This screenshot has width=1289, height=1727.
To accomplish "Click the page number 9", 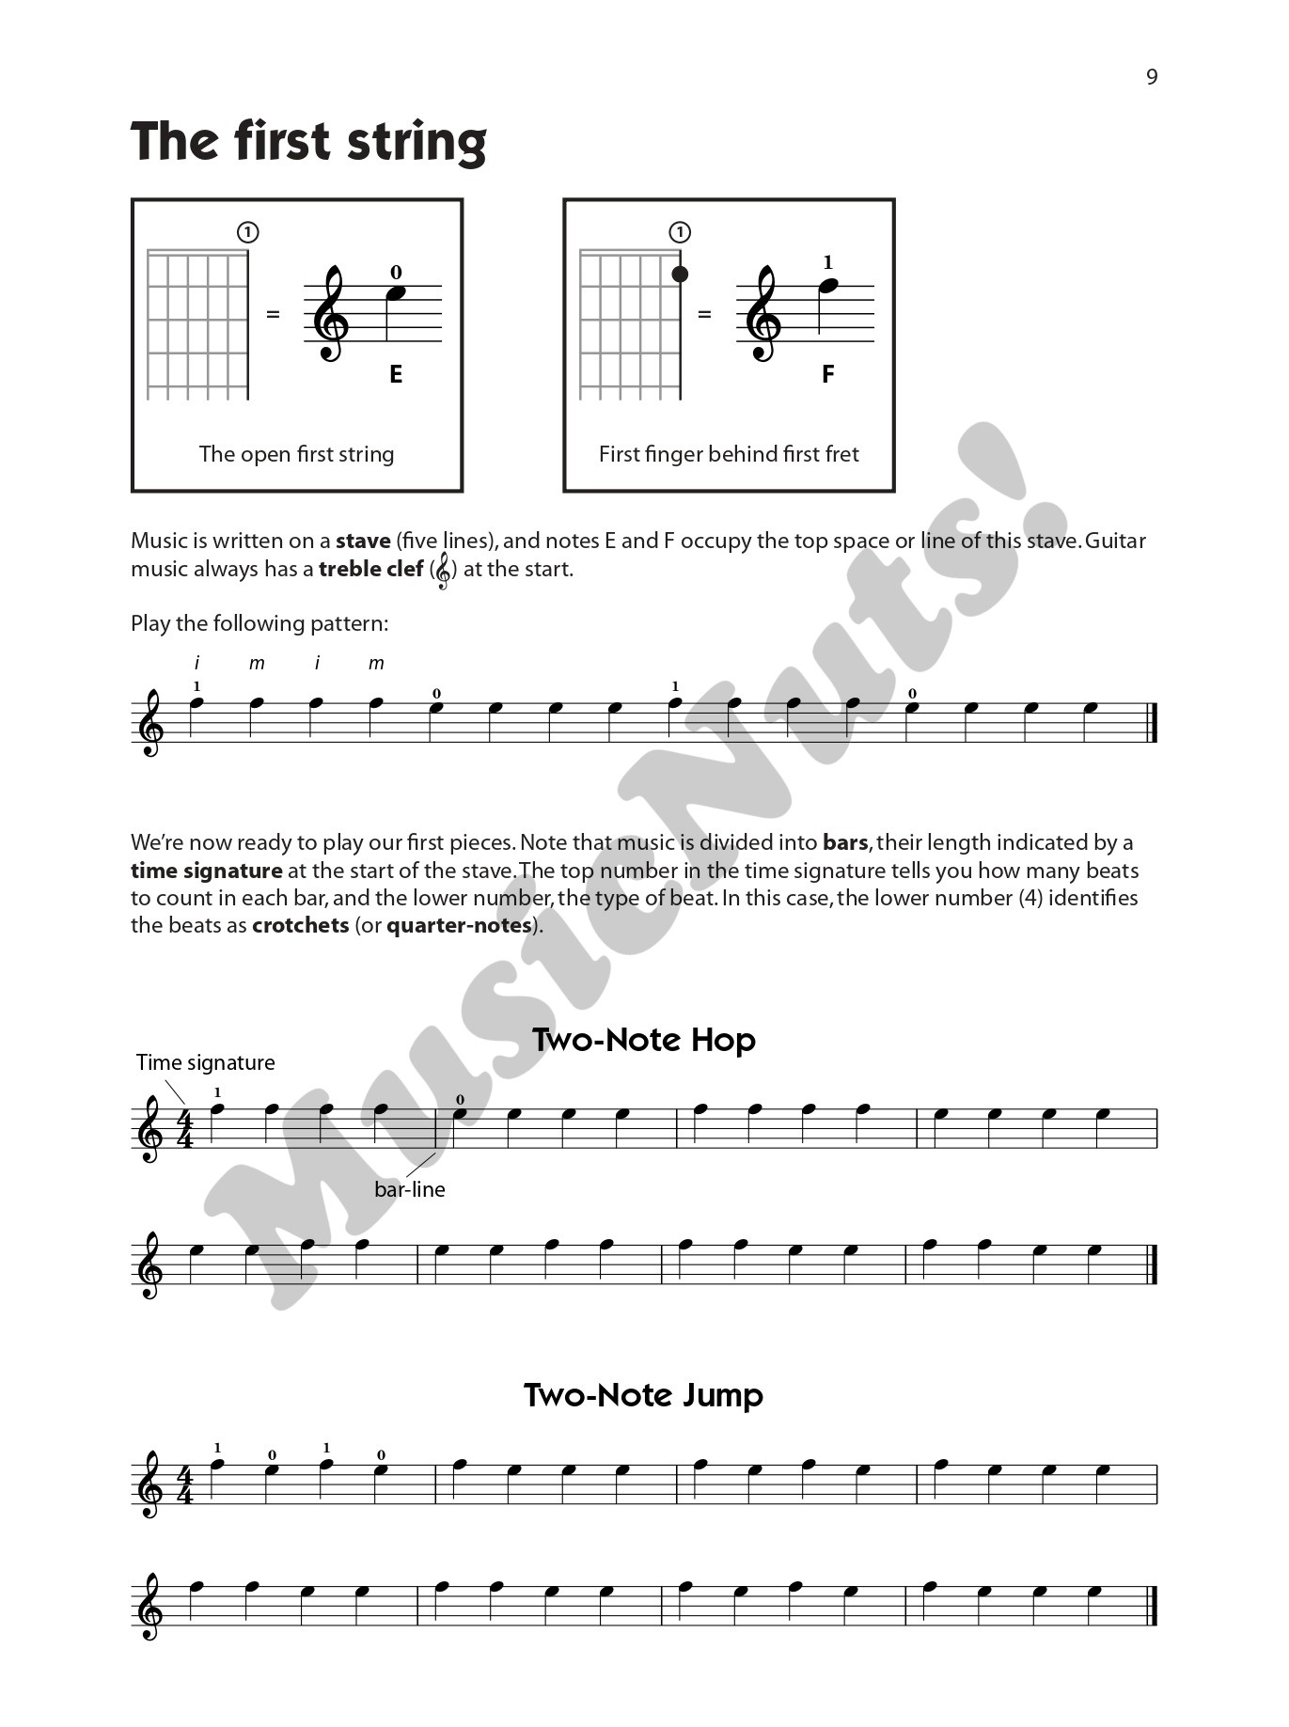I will pos(1152,77).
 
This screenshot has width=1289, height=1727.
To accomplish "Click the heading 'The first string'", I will pos(308,142).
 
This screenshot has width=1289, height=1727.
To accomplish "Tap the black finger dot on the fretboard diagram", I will pos(680,275).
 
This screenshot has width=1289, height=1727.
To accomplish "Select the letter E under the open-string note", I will pos(396,374).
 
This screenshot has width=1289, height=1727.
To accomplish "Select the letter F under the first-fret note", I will pos(827,374).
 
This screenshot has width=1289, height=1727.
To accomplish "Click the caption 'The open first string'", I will pos(296,454).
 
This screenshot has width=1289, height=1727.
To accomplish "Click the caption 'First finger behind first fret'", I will pos(729,454).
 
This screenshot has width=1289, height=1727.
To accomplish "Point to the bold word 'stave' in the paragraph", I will pos(363,541).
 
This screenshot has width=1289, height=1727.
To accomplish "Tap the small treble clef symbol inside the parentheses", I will pos(444,571).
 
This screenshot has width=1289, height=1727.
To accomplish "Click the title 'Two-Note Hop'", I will pos(644,1040).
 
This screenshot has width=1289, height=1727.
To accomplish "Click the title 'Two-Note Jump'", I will pos(644,1394).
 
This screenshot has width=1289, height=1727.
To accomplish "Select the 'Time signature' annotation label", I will pos(206,1062).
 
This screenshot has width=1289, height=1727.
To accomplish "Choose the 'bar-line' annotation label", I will pos(409,1189).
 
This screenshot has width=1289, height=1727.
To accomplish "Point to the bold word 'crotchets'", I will pos(301,925).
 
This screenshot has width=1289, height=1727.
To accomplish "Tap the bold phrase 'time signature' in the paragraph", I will pos(207,871).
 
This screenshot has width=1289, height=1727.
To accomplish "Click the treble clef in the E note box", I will pos(332,314).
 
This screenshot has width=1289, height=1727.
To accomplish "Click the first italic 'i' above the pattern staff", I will pos(197,664).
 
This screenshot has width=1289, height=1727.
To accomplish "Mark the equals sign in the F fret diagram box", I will pos(704,314).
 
